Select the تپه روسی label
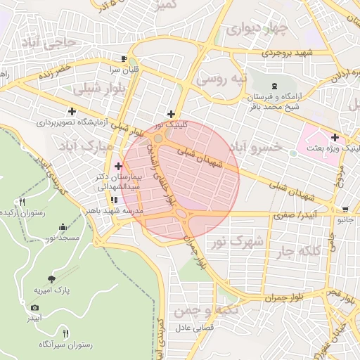(221, 79)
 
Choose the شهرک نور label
(239, 241)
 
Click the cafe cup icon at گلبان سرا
(124, 59)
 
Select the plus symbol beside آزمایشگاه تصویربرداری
(72, 111)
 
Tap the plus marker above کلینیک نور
(171, 113)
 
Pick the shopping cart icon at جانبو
(345, 209)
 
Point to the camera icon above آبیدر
(34, 307)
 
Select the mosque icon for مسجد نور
(63, 227)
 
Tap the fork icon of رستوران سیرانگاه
(65, 333)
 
